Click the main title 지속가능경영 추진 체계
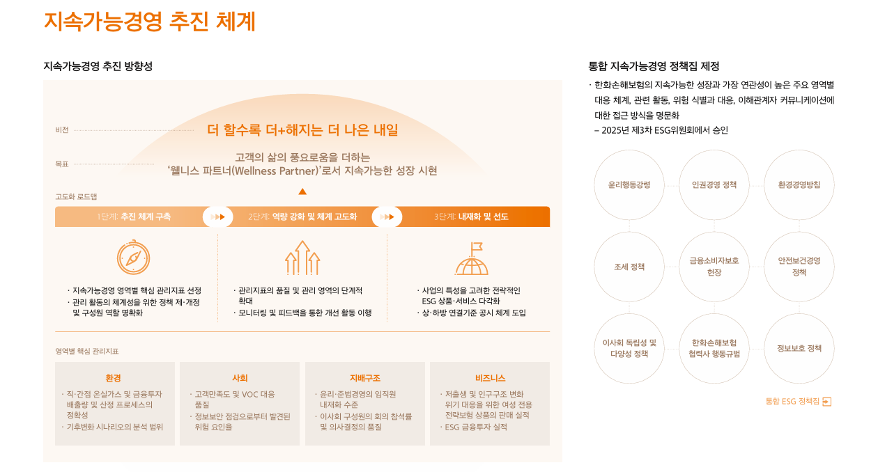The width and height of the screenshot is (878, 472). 149,22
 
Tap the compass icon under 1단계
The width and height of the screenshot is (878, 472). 134,258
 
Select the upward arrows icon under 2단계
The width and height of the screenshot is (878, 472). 302,258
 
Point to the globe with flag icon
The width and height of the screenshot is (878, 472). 472,258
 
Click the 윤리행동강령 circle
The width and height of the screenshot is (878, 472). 629,185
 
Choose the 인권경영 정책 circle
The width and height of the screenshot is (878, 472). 714,185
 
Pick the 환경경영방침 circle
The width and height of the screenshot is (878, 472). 799,185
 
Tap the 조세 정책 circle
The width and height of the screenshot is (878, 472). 629,267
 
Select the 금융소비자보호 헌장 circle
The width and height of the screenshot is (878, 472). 714,267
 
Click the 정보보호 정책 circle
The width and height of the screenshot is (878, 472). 799,348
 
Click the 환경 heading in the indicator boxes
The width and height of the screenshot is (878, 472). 113,378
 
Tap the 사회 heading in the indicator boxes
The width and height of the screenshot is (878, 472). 240,378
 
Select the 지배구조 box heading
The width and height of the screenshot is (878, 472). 365,378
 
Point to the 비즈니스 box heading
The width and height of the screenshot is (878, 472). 490,378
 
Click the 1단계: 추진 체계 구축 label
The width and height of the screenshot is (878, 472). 134,217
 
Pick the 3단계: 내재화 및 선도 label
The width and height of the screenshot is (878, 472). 471,217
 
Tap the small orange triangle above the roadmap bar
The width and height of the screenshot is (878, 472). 302,191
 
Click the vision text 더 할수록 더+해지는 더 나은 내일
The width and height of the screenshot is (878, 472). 302,130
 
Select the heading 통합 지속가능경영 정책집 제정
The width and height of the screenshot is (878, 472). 654,66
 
